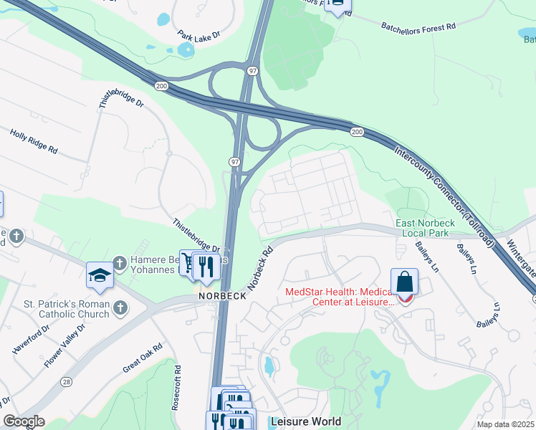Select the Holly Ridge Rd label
[x=34, y=140]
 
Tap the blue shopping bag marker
[x=405, y=281]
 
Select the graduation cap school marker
[x=99, y=274]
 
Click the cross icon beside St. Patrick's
[x=120, y=307]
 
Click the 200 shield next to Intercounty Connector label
[x=356, y=132]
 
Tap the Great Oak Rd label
[x=143, y=357]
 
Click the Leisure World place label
[x=300, y=421]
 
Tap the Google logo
[x=24, y=421]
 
